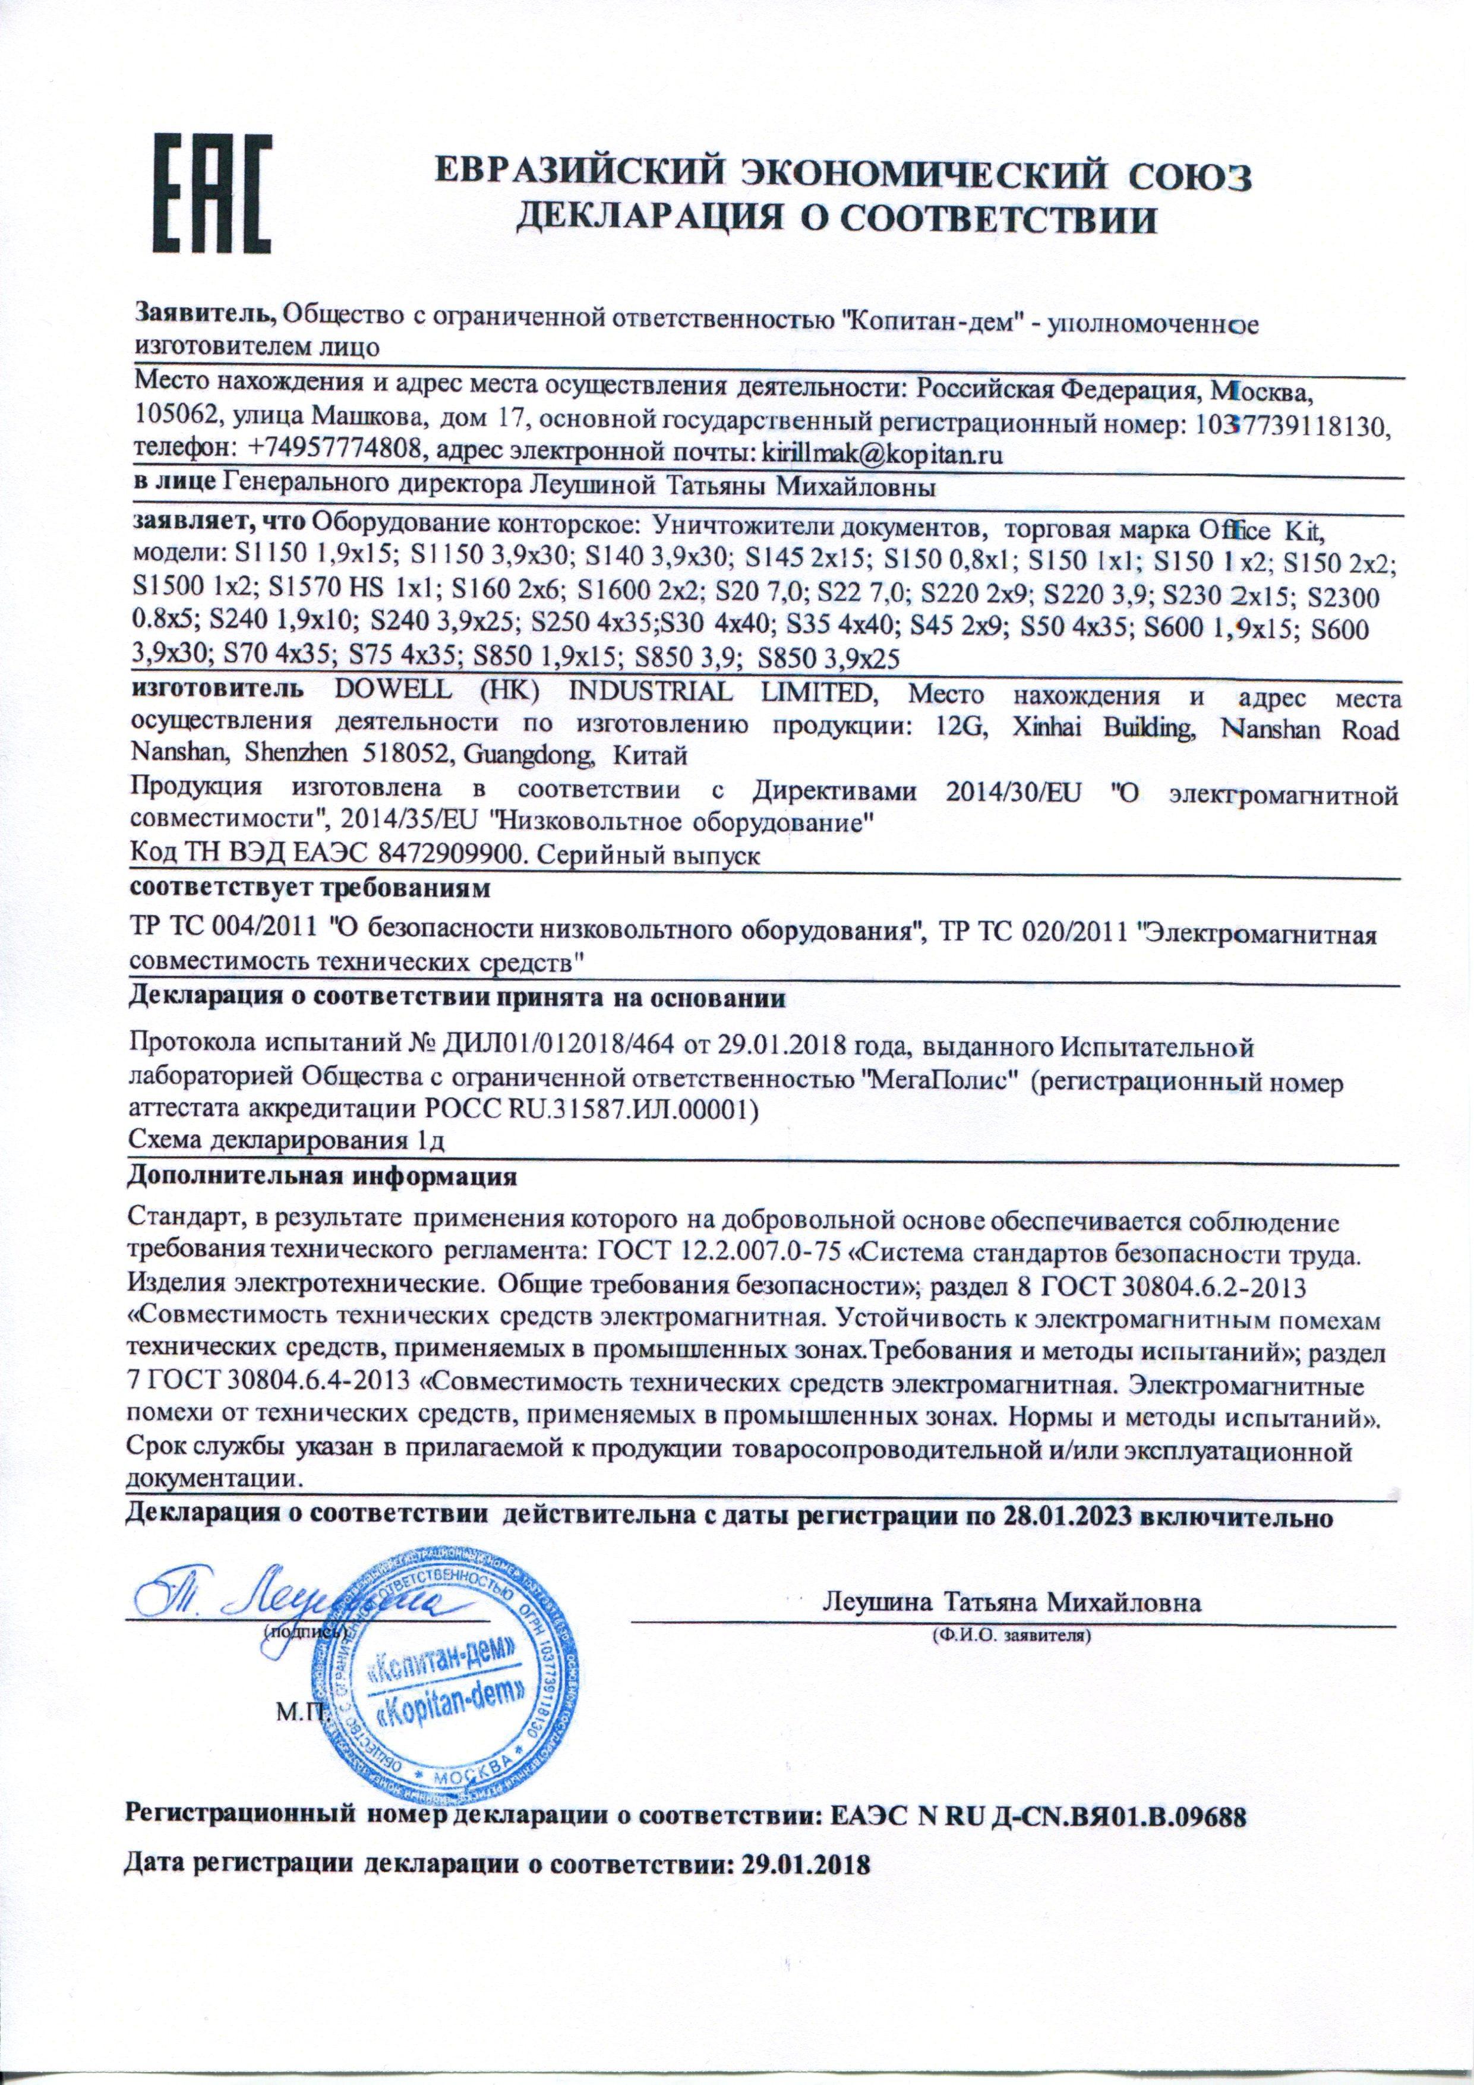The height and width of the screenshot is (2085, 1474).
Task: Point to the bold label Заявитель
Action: tap(205, 315)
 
